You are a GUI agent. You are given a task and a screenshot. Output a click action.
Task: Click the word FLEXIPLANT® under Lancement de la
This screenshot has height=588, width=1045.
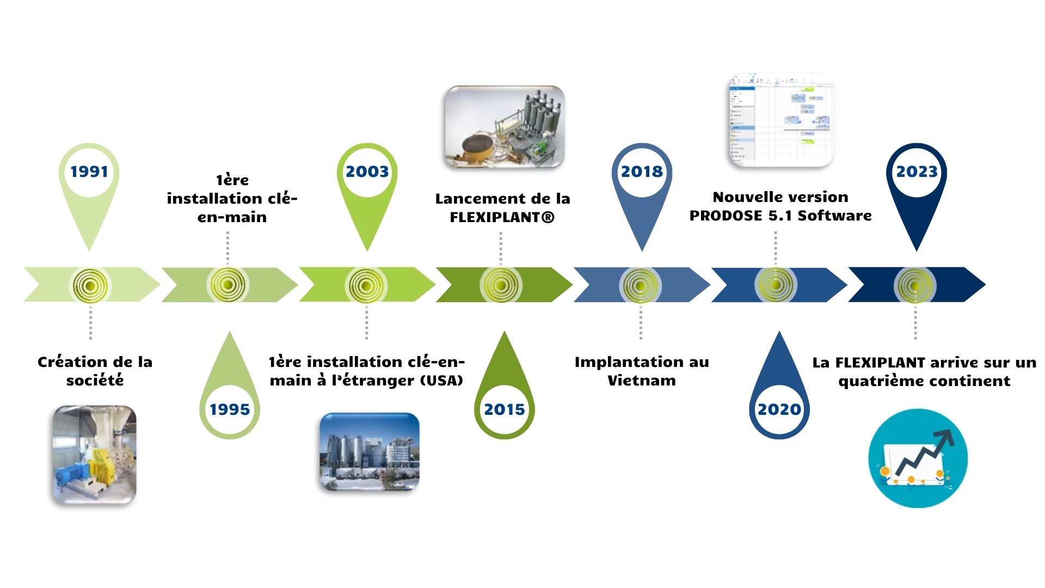(502, 217)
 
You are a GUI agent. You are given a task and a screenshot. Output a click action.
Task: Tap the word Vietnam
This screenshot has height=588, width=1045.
(642, 381)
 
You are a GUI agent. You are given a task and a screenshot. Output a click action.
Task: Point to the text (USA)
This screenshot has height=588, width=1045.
(441, 381)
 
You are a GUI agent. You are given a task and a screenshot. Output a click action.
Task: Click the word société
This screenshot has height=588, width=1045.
(95, 381)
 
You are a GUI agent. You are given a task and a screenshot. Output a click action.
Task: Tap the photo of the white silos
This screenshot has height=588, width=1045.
(369, 452)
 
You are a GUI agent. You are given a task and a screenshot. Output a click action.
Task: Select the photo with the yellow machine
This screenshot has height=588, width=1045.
(94, 455)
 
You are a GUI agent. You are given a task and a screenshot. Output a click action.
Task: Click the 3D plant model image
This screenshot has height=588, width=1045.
(505, 126)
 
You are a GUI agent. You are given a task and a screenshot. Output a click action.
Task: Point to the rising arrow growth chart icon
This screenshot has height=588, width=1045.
(918, 458)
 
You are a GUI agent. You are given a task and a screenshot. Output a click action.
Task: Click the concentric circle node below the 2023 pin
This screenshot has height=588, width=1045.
(915, 285)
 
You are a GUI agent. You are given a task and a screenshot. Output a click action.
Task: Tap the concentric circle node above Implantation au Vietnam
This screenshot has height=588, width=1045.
(640, 285)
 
